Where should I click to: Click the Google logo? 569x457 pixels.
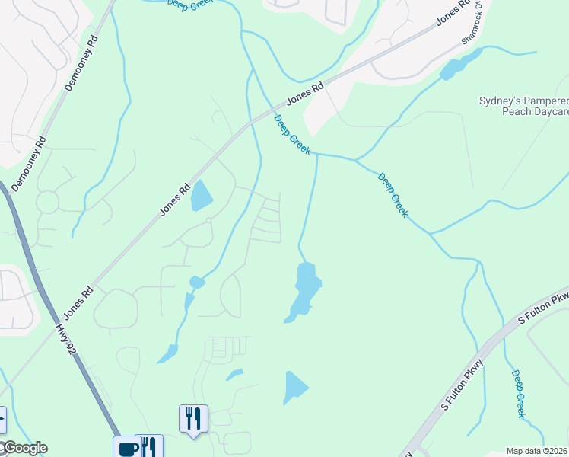(24, 448)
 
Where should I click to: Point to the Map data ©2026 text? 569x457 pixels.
(537, 451)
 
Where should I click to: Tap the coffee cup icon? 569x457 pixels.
(126, 448)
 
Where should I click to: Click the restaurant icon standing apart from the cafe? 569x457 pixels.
(192, 418)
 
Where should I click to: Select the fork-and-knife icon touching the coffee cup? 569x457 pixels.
(150, 446)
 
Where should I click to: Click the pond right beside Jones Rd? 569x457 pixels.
(202, 195)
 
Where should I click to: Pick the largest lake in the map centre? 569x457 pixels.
(305, 289)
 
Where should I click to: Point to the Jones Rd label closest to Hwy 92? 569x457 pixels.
(78, 302)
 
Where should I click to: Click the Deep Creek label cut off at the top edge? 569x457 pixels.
(191, 4)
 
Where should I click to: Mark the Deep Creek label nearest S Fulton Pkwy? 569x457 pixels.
(518, 394)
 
